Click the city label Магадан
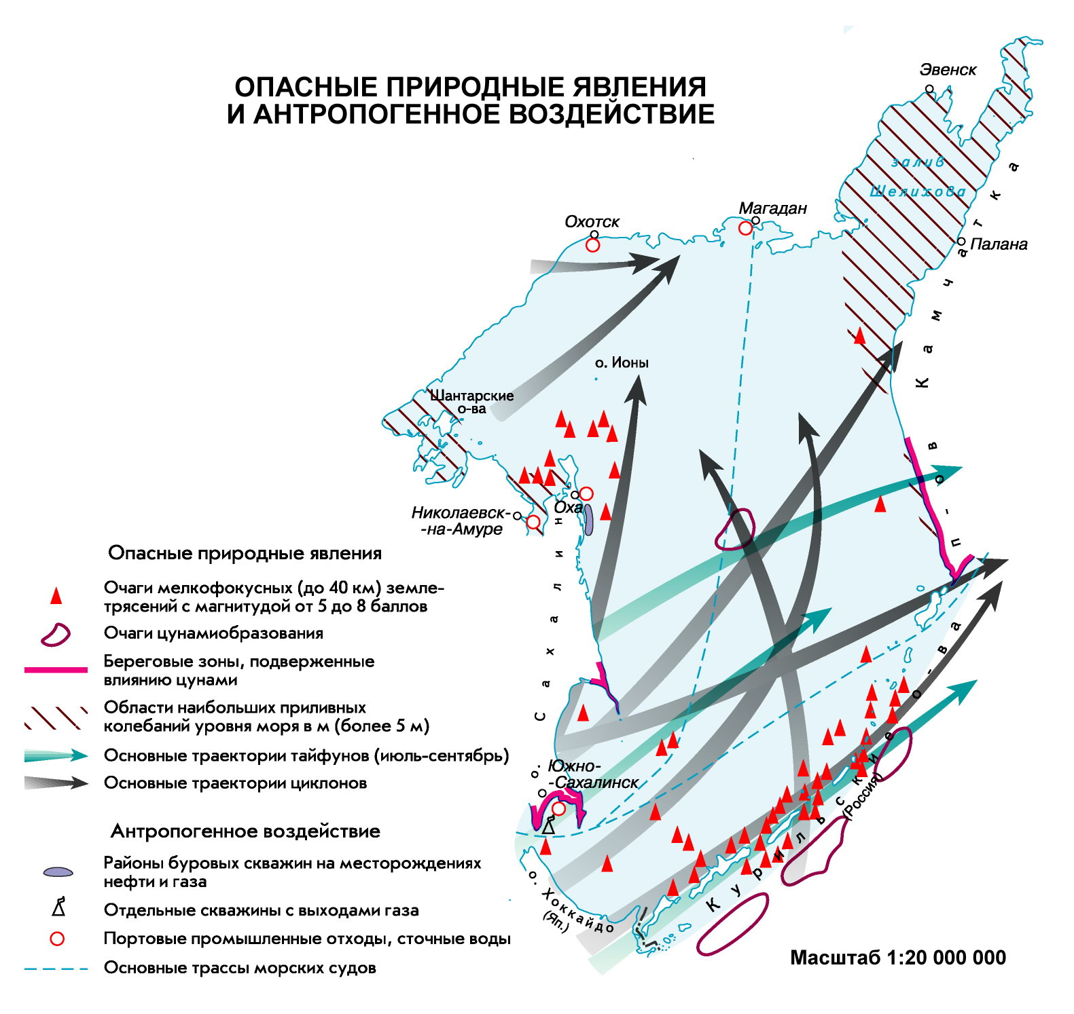(x=772, y=208)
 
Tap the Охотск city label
(x=592, y=222)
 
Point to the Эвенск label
(x=948, y=69)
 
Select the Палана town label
(x=999, y=244)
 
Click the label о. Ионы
(x=622, y=362)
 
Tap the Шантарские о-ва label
(x=471, y=402)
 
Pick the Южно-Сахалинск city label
(x=594, y=774)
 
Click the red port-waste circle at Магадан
(x=745, y=229)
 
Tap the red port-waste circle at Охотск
(x=592, y=245)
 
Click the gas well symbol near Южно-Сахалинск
(x=548, y=827)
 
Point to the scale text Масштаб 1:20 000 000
(x=898, y=958)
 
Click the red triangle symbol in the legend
(x=56, y=596)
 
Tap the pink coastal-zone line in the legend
(x=56, y=670)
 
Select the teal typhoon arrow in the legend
(x=56, y=755)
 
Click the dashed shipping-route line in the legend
(x=56, y=969)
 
